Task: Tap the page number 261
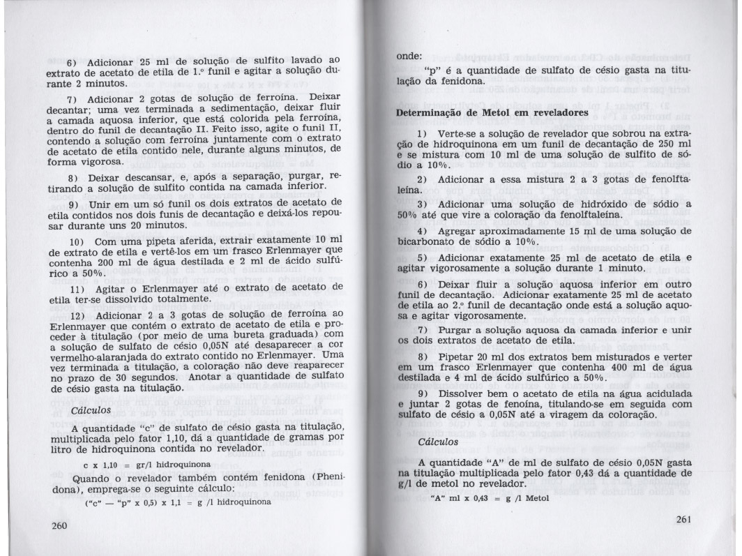click(686, 519)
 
